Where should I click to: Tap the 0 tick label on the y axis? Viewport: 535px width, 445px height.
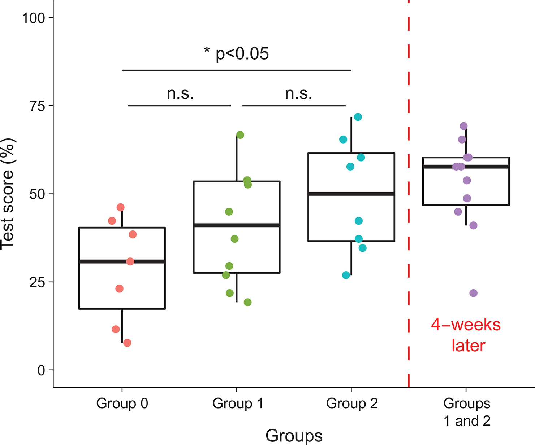click(x=41, y=370)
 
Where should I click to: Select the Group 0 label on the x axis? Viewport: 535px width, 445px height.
click(x=122, y=404)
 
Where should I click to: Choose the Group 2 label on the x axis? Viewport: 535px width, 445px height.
click(x=352, y=404)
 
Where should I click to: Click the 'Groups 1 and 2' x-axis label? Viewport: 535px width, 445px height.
click(x=467, y=412)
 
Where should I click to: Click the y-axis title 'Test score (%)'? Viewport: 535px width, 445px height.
click(x=8, y=194)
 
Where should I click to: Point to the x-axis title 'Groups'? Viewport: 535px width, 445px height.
click(x=294, y=436)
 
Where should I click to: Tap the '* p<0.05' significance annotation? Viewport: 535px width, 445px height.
click(x=237, y=54)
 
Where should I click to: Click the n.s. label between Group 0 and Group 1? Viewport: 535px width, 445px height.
click(x=180, y=94)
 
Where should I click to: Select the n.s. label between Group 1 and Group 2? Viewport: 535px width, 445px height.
click(x=298, y=94)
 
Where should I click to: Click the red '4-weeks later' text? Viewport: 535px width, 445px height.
click(x=466, y=335)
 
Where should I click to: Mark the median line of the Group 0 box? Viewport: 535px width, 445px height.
click(x=122, y=261)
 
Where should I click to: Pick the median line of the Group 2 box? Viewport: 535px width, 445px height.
click(x=351, y=194)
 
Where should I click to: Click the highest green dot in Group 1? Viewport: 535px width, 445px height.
click(x=240, y=135)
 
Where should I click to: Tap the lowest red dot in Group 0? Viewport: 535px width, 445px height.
click(x=127, y=343)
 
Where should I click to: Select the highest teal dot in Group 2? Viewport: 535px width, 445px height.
click(x=358, y=117)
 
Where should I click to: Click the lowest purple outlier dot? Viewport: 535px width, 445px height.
click(x=473, y=293)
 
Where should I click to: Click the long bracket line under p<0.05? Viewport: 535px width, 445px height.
click(x=237, y=70)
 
